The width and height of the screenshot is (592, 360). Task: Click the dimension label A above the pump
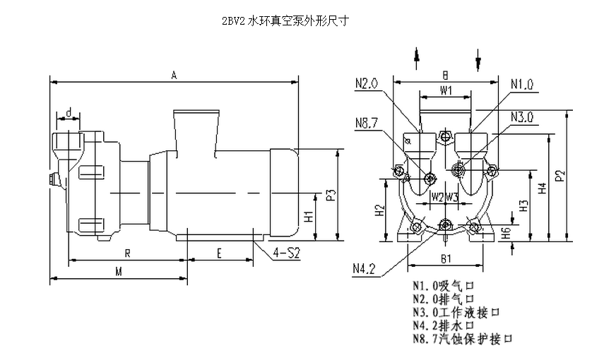174,75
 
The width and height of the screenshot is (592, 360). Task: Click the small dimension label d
69,113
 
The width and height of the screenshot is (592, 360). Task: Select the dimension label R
126,252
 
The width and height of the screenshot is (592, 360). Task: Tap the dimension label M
119,272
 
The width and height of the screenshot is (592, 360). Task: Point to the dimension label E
220,252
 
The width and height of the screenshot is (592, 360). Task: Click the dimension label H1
309,217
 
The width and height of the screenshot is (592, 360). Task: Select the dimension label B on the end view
446,74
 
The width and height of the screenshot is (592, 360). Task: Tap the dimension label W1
446,91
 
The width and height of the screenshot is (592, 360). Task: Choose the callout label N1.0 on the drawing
521,85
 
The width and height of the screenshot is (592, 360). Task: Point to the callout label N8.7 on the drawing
367,121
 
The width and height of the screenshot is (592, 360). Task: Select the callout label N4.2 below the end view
364,268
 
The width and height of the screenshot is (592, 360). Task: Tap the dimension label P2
560,175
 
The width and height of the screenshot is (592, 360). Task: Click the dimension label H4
542,188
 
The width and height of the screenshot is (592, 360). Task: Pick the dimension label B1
445,259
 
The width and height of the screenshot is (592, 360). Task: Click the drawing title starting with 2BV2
285,21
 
